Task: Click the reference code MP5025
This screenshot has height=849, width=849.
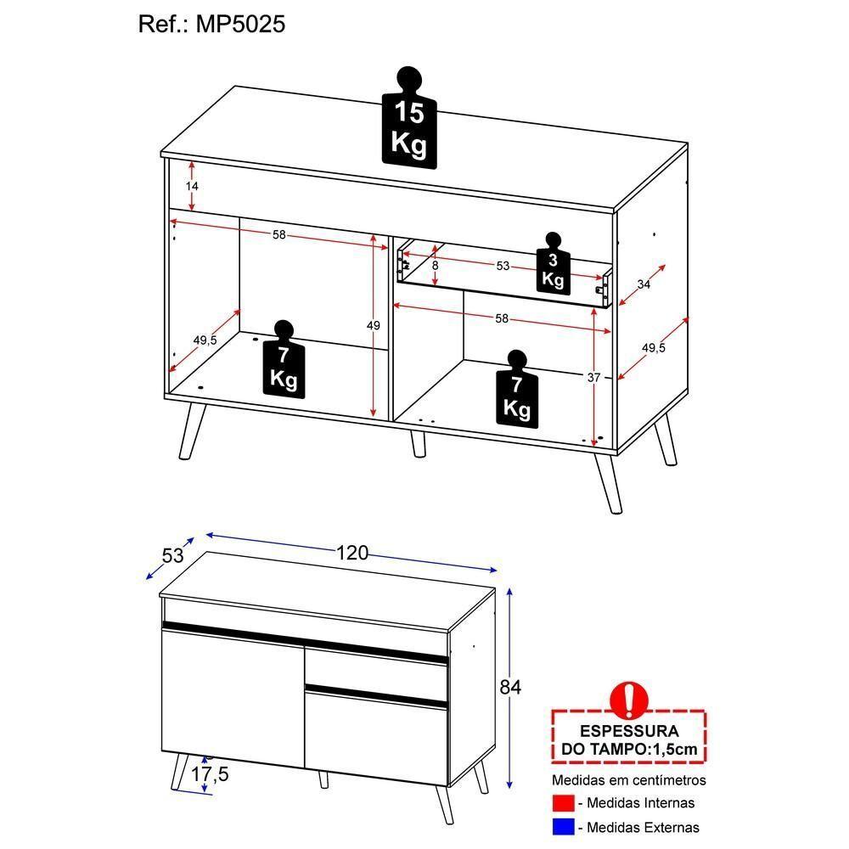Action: [x=242, y=24]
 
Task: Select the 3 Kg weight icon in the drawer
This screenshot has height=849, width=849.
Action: [x=553, y=265]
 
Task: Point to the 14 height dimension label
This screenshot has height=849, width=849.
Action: [x=192, y=186]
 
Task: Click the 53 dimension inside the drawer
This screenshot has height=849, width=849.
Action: [x=503, y=267]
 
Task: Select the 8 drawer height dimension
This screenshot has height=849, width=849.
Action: [x=435, y=266]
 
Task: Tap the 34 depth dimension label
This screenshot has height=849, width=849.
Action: [x=643, y=284]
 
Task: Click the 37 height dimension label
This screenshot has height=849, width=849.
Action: [x=594, y=377]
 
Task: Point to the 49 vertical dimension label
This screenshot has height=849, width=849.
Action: [x=374, y=325]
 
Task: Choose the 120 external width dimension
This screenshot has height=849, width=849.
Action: [x=351, y=554]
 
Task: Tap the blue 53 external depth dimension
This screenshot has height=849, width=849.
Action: [x=172, y=556]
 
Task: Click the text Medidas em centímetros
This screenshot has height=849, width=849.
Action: [x=629, y=780]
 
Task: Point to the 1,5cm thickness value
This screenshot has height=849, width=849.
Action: [x=676, y=749]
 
